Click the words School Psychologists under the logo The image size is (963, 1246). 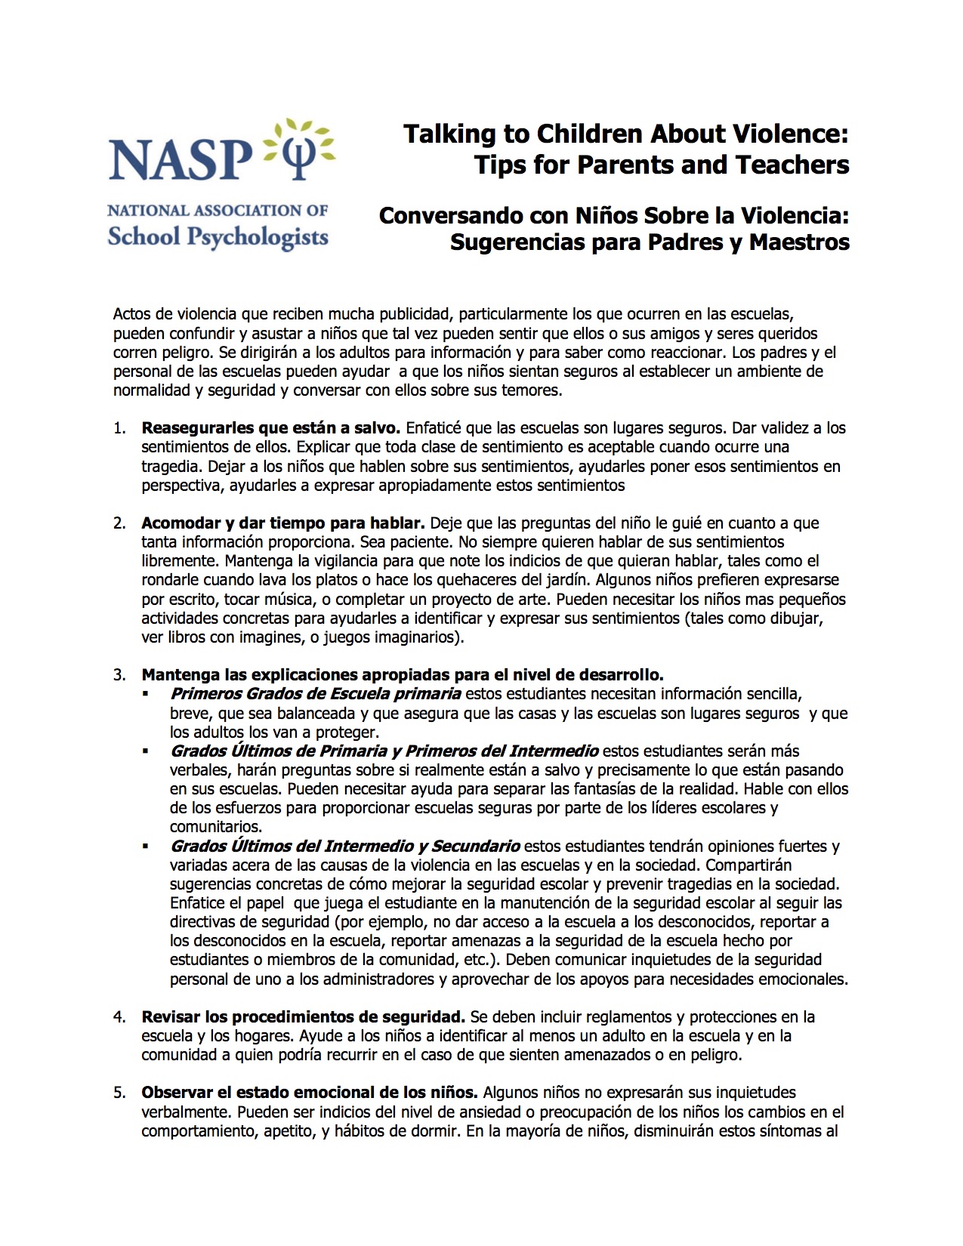tap(218, 236)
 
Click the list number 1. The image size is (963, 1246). tap(119, 428)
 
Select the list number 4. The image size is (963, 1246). tap(119, 1017)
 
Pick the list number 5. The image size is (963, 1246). tap(119, 1093)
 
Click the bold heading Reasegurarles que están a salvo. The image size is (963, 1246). tap(270, 428)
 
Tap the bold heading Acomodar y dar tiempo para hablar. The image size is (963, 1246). tap(283, 523)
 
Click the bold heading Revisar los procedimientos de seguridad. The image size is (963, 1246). tap(303, 1017)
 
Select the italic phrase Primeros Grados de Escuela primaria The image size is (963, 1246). tap(316, 694)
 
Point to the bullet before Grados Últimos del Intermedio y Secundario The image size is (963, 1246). tap(145, 847)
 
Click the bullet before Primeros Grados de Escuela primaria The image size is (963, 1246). tap(145, 694)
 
